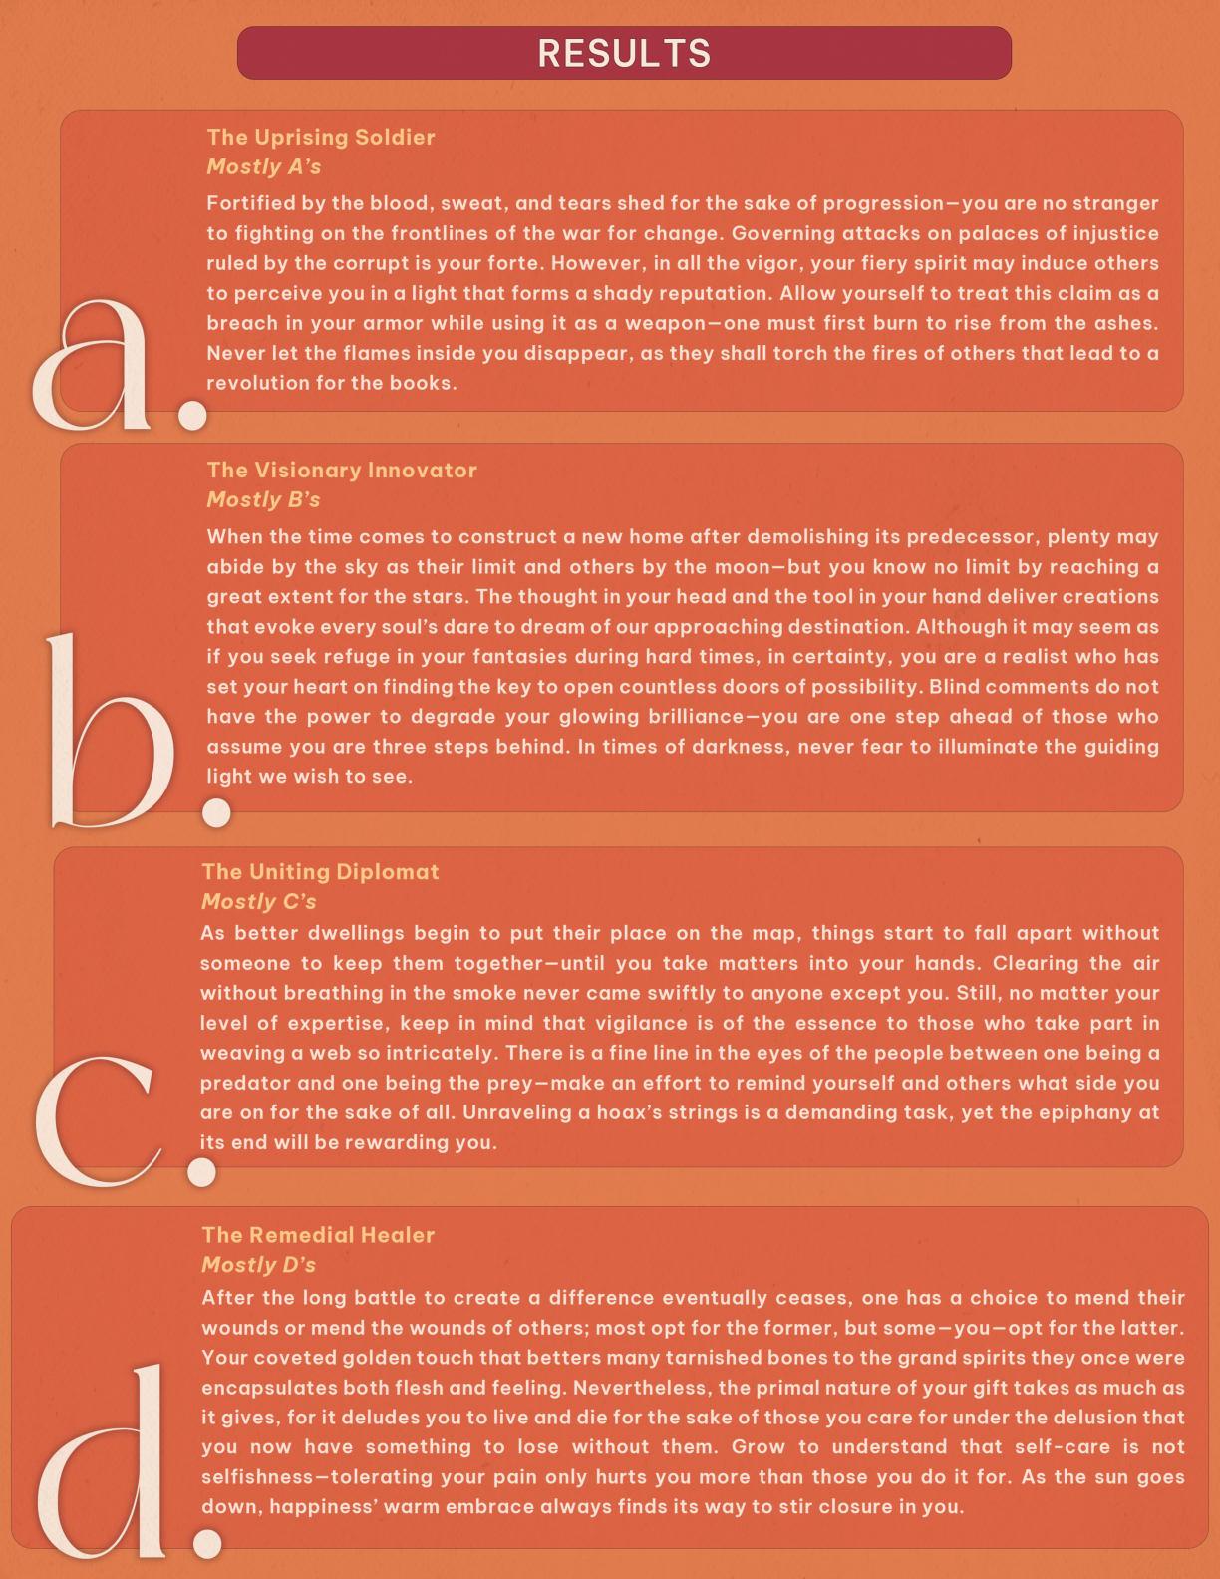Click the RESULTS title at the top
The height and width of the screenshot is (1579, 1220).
624,53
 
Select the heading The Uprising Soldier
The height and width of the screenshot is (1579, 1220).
320,137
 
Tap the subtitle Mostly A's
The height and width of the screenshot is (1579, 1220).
263,166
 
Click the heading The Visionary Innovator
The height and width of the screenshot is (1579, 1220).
341,470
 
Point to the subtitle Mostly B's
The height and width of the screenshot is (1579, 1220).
263,499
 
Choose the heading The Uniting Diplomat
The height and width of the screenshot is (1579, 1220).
319,871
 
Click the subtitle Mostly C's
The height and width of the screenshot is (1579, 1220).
258,901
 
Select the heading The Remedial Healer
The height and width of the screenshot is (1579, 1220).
317,1234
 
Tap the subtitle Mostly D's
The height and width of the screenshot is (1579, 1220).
258,1264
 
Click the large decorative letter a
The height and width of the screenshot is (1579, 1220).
95,364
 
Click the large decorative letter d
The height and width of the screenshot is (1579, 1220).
105,1465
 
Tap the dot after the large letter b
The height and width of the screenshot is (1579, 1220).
216,811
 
